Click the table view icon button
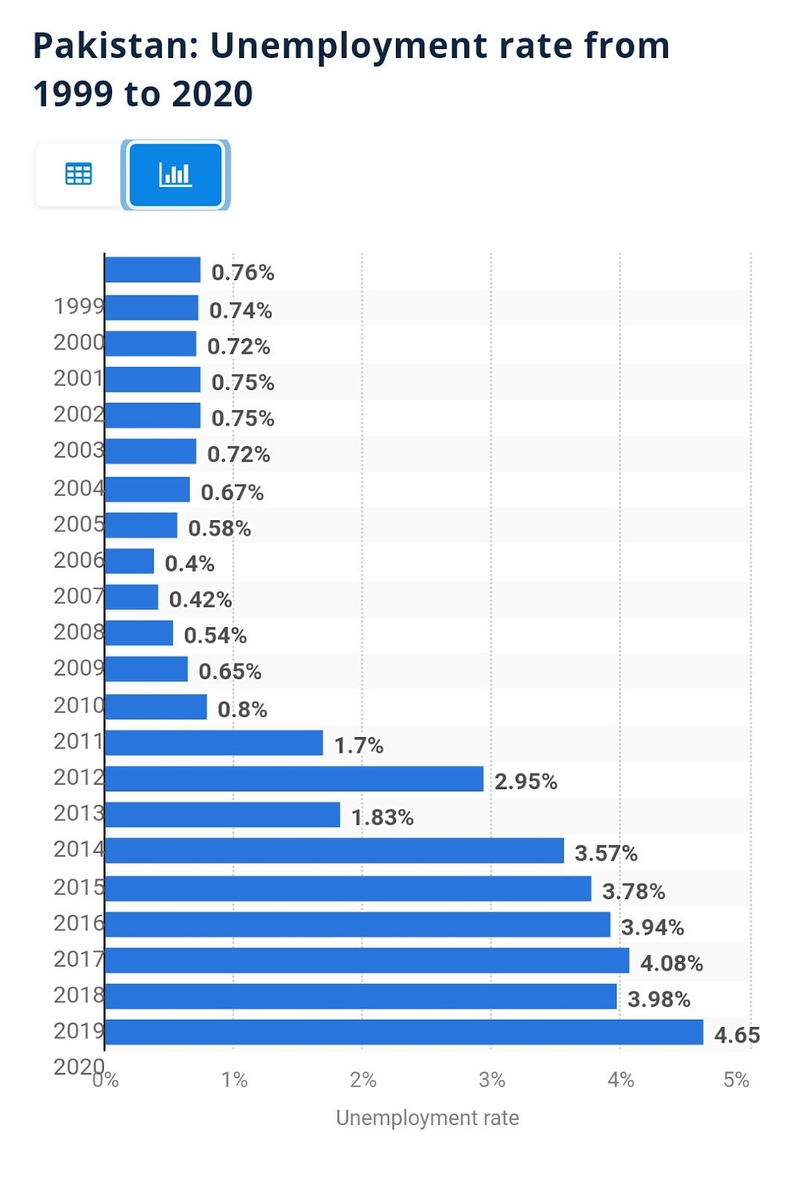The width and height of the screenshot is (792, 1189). pyautogui.click(x=79, y=174)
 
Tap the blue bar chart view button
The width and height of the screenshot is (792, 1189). pyautogui.click(x=175, y=175)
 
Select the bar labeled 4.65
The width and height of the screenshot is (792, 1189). pyautogui.click(x=403, y=1032)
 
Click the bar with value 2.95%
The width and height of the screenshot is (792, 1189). pyautogui.click(x=294, y=779)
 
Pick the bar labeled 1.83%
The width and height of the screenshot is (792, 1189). pyautogui.click(x=222, y=814)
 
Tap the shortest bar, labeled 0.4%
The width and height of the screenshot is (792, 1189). pyautogui.click(x=129, y=561)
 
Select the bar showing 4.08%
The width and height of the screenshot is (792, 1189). pyautogui.click(x=367, y=960)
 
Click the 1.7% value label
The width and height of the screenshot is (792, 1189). pyautogui.click(x=359, y=745)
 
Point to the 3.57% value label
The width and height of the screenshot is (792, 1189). pyautogui.click(x=606, y=853)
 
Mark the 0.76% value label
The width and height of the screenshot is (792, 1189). pyautogui.click(x=243, y=273)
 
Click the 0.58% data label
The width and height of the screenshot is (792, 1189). pyautogui.click(x=219, y=528)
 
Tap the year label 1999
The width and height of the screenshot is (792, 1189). pyautogui.click(x=78, y=305)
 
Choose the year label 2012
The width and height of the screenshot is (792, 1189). pyautogui.click(x=78, y=777)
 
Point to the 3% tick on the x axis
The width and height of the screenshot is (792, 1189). pyautogui.click(x=491, y=1080)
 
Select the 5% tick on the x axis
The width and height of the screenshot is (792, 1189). pyautogui.click(x=736, y=1080)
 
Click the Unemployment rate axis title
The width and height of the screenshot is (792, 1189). pyautogui.click(x=427, y=1118)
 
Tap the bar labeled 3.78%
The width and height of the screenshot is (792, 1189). pyautogui.click(x=348, y=889)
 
